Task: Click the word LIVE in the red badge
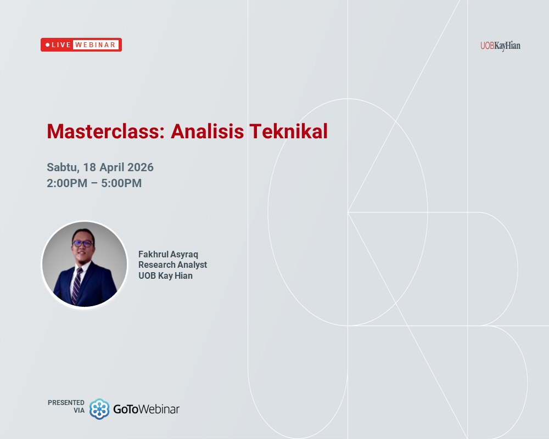click(61, 45)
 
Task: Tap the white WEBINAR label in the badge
click(96, 45)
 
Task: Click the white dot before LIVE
click(47, 45)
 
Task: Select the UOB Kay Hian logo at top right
click(500, 46)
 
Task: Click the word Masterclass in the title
click(104, 132)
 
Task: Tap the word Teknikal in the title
click(289, 132)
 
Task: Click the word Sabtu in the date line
click(63, 167)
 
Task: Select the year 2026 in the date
click(140, 167)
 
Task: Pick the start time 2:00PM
click(67, 183)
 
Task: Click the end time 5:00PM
click(121, 183)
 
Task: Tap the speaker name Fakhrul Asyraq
click(168, 255)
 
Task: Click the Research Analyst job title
click(172, 265)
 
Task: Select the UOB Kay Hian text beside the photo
click(165, 275)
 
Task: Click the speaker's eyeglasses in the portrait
click(82, 243)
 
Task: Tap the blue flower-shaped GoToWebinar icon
click(99, 409)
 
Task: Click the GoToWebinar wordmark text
click(147, 409)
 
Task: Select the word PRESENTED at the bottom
click(66, 403)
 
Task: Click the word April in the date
click(112, 167)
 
